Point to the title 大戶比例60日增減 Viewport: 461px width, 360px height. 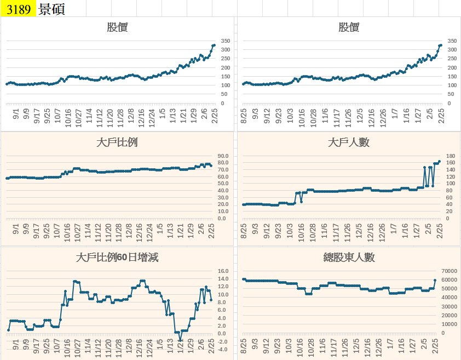pyautogui.click(x=117, y=257)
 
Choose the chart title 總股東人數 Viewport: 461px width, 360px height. pyautogui.click(x=349, y=257)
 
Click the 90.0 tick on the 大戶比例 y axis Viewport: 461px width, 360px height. pyautogui.click(x=222, y=156)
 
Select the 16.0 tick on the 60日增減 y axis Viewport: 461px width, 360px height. pyautogui.click(x=222, y=271)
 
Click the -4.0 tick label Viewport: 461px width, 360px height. pyautogui.click(x=222, y=349)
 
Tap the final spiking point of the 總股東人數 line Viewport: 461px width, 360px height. pyautogui.click(x=435, y=280)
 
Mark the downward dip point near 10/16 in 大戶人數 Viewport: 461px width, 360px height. pyautogui.click(x=301, y=202)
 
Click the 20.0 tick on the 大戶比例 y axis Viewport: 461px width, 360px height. pyautogui.click(x=222, y=204)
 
